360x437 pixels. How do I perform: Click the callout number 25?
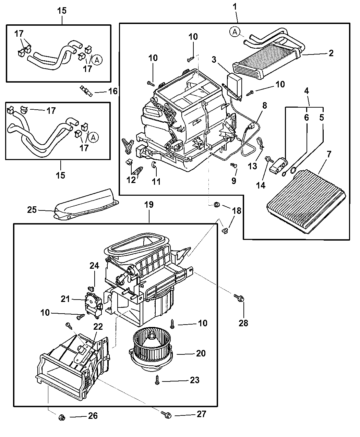32,210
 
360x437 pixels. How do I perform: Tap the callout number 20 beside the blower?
201,353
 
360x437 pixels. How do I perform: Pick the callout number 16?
113,91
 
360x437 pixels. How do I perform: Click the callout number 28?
243,323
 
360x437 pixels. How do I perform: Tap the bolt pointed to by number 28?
239,298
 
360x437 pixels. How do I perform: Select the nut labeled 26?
62,417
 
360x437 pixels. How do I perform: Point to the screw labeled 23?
157,380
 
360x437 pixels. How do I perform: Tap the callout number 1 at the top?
235,7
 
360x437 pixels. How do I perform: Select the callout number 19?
149,205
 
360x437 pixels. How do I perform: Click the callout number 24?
94,266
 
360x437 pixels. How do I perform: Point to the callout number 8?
265,106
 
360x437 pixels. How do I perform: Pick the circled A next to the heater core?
235,32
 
